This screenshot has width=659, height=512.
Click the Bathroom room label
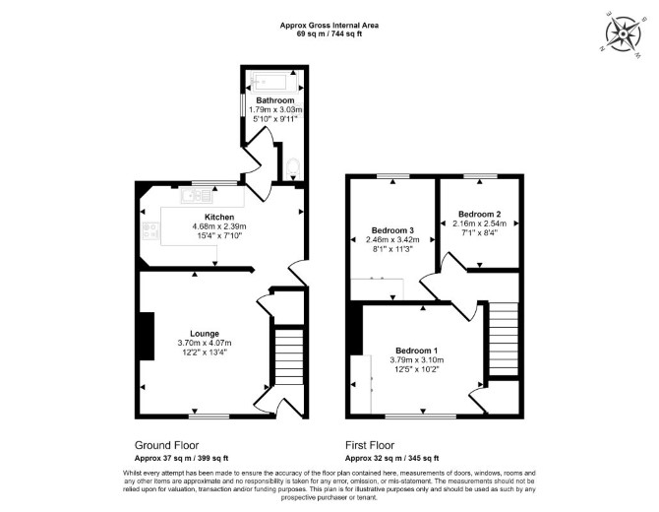(x=275, y=100)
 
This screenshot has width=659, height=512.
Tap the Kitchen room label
(x=219, y=217)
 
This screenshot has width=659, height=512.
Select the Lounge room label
(x=205, y=334)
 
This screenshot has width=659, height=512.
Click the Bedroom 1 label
(x=417, y=351)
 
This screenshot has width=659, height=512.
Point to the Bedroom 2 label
(x=480, y=214)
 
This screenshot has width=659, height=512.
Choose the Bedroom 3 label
(x=392, y=230)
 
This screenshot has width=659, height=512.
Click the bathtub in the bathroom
(x=274, y=81)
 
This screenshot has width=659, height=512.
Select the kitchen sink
(x=197, y=196)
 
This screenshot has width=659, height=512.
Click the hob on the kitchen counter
(x=150, y=230)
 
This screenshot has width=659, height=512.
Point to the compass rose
(x=623, y=34)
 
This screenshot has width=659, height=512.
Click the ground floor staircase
(x=289, y=356)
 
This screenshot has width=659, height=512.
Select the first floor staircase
(x=504, y=339)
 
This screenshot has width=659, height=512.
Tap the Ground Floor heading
(x=166, y=445)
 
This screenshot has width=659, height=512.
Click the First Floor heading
(x=370, y=445)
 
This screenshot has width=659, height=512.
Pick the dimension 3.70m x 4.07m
(x=205, y=343)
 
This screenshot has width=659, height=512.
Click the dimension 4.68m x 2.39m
(x=219, y=226)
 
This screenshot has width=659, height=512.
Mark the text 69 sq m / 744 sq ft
(x=329, y=34)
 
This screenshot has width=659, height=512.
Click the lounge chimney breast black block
(x=148, y=336)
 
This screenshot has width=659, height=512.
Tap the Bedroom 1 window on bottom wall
(x=421, y=416)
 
